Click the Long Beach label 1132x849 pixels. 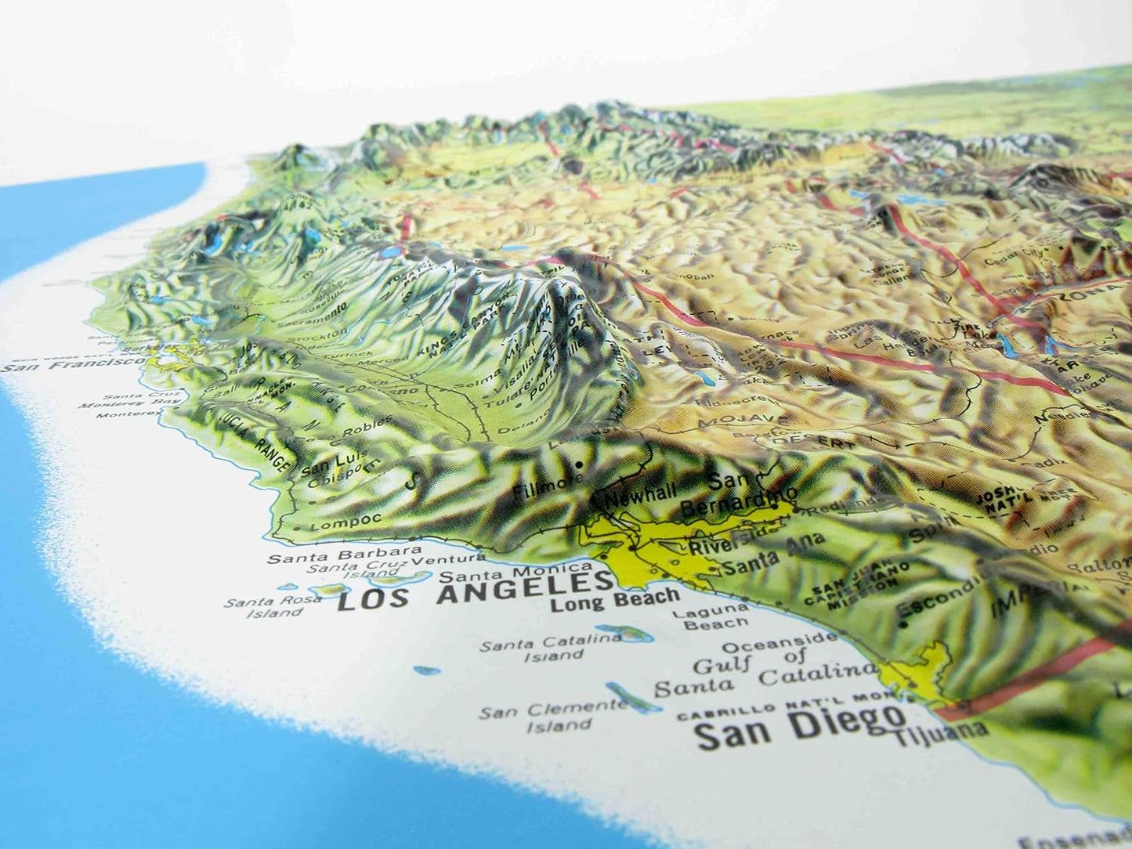pos(615,600)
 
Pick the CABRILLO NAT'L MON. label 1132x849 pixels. pos(783,706)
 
